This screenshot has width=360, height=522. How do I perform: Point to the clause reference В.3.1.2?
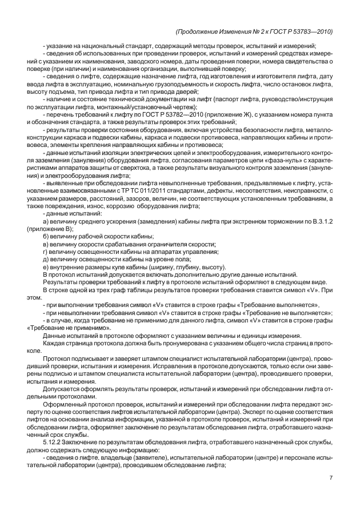click(x=321, y=221)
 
